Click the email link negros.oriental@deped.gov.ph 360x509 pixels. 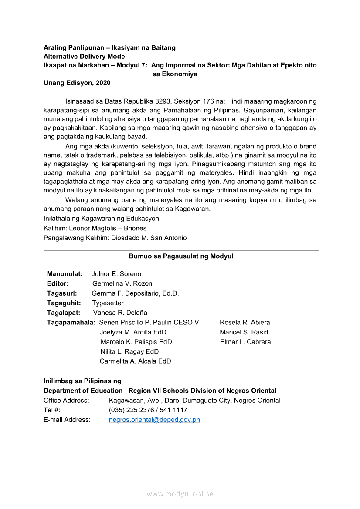(154, 420)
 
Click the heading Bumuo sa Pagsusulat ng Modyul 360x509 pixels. (181, 256)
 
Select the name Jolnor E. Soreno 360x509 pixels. (116, 274)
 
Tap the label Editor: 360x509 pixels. (58, 283)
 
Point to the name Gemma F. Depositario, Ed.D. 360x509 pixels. (135, 293)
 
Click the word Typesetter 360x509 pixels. (108, 303)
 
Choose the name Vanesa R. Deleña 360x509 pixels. (120, 313)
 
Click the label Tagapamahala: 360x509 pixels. (71, 322)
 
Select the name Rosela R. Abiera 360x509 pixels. (245, 322)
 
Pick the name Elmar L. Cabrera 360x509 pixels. (245, 342)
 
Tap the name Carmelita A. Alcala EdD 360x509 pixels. (135, 361)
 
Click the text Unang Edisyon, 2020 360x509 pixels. (77, 83)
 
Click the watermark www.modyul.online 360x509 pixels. (180, 494)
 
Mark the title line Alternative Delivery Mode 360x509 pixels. (84, 57)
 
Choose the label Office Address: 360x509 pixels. (66, 400)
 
